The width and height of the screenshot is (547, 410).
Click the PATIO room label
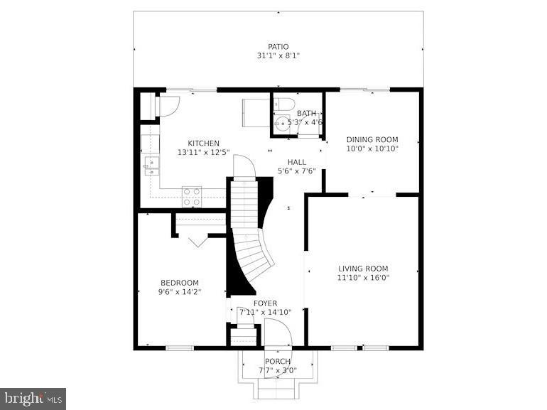pyautogui.click(x=278, y=47)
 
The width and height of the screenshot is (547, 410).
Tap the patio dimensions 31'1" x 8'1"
pyautogui.click(x=278, y=56)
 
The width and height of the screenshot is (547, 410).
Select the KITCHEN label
pyautogui.click(x=203, y=143)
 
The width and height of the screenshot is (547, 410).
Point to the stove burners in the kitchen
pyautogui.click(x=192, y=196)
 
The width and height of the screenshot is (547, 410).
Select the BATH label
pyautogui.click(x=307, y=114)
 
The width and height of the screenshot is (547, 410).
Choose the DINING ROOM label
pyautogui.click(x=372, y=140)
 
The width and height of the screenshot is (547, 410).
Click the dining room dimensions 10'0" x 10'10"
pyautogui.click(x=372, y=149)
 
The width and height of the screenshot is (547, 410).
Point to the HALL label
pyautogui.click(x=297, y=161)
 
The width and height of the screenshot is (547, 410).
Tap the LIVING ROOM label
pyautogui.click(x=363, y=269)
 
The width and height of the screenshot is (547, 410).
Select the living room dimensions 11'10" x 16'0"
pyautogui.click(x=363, y=278)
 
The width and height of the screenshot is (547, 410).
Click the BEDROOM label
pyautogui.click(x=180, y=283)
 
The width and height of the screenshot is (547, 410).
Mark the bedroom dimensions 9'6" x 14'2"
pyautogui.click(x=180, y=292)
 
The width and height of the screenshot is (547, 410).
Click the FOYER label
pyautogui.click(x=265, y=303)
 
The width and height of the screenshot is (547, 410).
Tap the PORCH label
pyautogui.click(x=278, y=361)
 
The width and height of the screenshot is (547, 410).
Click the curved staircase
pyautogui.click(x=249, y=242)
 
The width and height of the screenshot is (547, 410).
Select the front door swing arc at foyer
pyautogui.click(x=276, y=332)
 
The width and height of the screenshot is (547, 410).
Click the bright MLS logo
pyautogui.click(x=33, y=397)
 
